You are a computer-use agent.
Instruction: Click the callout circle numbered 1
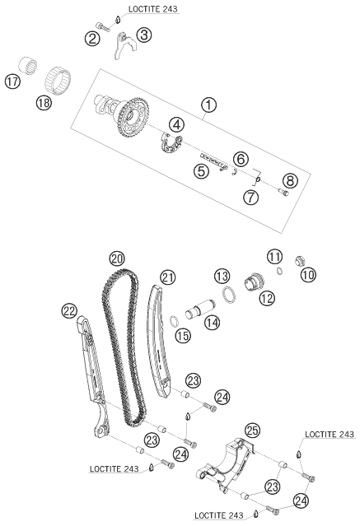point(209,105)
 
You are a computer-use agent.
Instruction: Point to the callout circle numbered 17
point(12,81)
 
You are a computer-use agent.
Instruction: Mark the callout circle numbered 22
point(70,310)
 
